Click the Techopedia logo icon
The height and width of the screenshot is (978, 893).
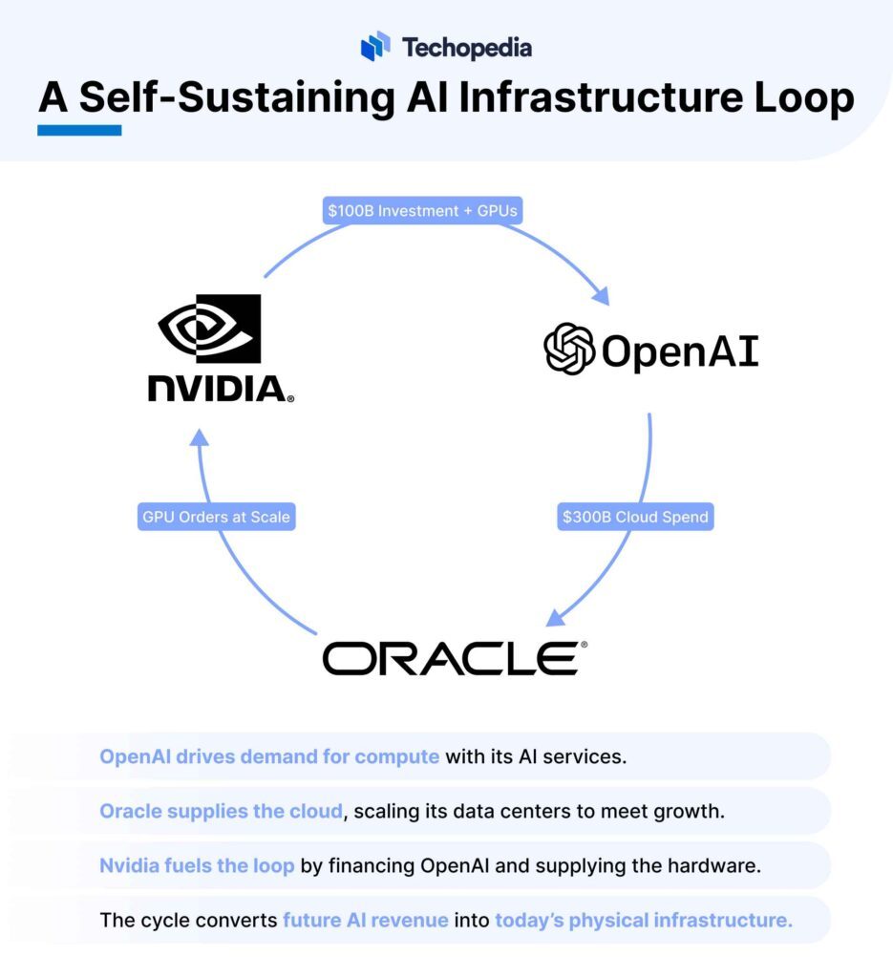pos(375,46)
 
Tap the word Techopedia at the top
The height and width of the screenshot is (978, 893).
pos(467,47)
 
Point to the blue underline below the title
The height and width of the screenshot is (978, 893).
pos(79,130)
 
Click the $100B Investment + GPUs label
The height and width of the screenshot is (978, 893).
pos(421,211)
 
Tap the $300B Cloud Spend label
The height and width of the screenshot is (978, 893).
pos(634,517)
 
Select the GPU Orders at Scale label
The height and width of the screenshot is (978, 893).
pos(215,517)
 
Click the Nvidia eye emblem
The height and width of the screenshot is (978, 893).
pos(209,329)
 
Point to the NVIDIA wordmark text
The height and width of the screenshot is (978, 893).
pos(219,388)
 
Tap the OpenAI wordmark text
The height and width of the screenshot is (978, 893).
pos(680,351)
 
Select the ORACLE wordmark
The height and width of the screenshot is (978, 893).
pos(449,658)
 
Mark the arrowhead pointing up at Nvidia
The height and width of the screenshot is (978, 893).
pos(198,438)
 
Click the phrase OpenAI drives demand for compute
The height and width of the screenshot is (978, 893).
pos(269,757)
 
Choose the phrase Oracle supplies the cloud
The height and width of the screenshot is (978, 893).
pos(221,812)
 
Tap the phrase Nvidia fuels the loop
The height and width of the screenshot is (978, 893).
pos(197,866)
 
